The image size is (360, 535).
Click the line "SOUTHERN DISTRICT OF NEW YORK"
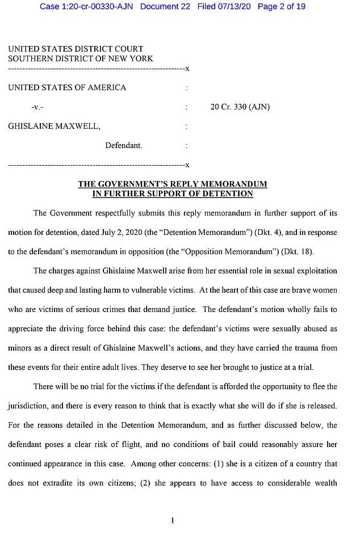pos(80,58)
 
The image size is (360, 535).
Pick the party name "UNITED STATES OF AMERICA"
pos(67,87)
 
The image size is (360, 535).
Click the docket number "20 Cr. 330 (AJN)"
pos(240,107)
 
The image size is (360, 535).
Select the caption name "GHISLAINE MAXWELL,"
pos(55,126)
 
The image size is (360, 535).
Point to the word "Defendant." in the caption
pos(123,145)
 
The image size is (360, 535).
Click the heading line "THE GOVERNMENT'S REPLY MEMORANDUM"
pos(172,184)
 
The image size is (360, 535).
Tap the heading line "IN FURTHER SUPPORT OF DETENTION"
pos(172,194)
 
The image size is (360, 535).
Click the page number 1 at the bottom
pos(172,520)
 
